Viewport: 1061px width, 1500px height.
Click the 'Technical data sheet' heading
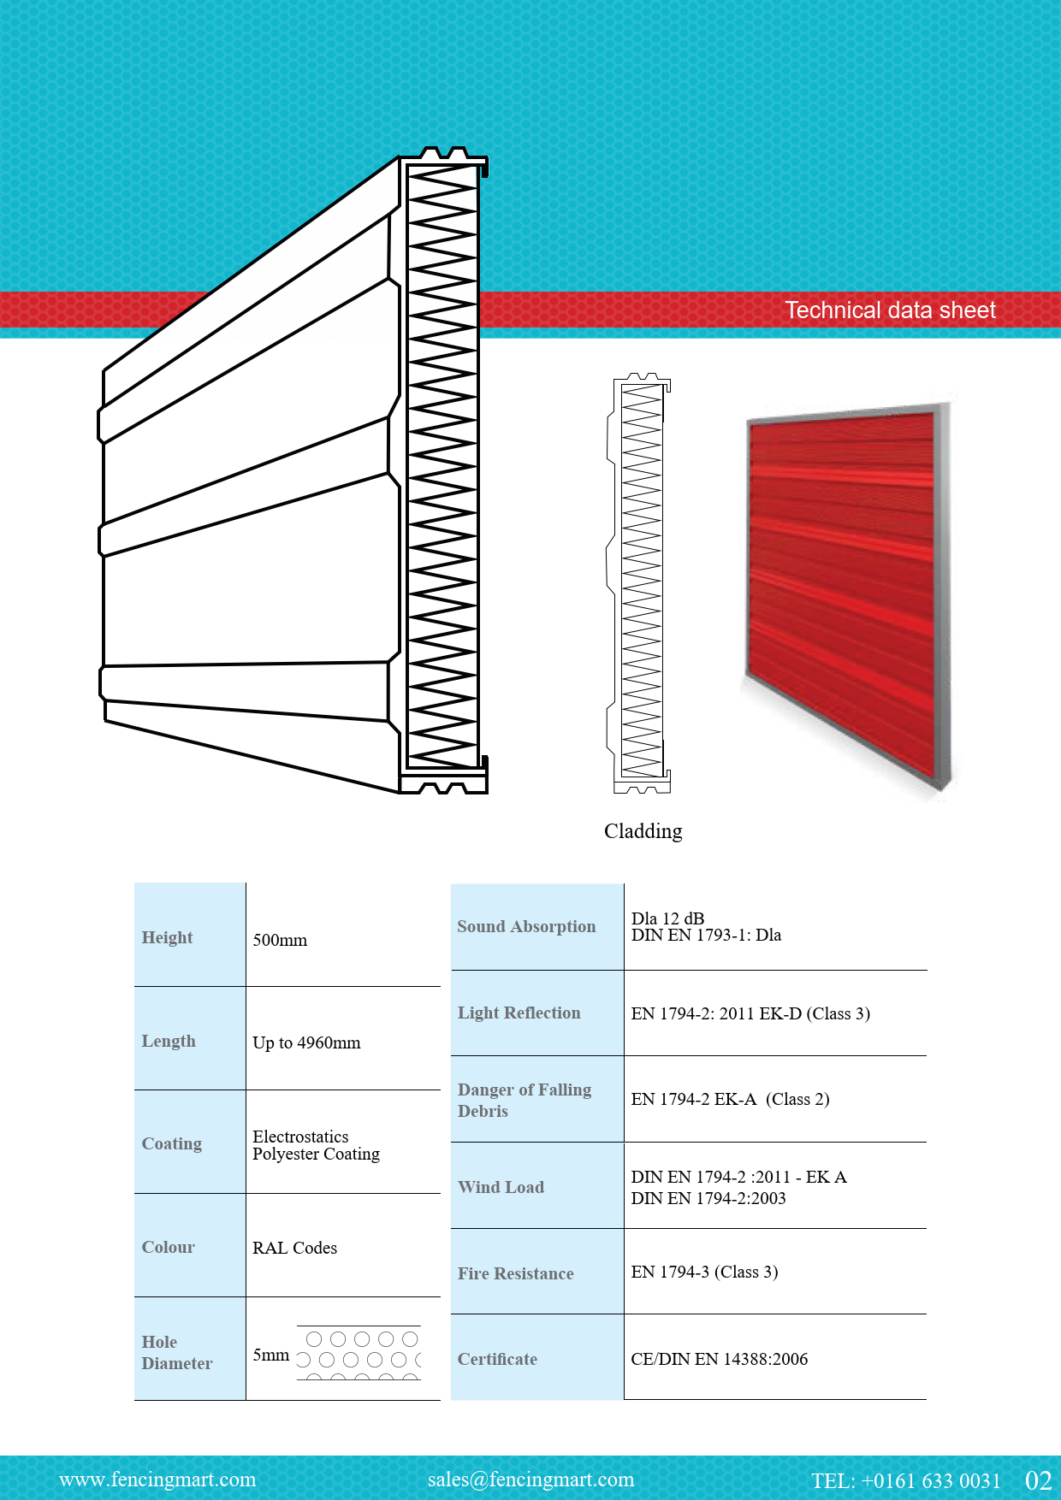pos(891,310)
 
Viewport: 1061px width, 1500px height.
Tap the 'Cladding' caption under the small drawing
pos(643,831)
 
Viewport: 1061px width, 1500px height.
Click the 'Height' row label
pos(167,937)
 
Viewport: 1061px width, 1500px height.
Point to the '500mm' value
pos(280,940)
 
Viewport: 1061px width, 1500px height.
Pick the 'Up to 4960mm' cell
pos(306,1042)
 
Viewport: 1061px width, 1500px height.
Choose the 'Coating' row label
pos(172,1143)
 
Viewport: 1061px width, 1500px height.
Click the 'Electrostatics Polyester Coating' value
pos(316,1145)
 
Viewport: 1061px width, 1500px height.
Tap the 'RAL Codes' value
pos(294,1248)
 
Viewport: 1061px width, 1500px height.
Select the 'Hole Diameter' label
pos(177,1352)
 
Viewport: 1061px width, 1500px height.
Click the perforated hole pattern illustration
pos(359,1353)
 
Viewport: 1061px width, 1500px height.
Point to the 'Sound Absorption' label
pos(526,926)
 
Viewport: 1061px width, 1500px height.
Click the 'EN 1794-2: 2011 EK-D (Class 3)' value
pos(750,1013)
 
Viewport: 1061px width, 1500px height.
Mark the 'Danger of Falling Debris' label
pos(525,1100)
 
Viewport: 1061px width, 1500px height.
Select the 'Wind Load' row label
pos(501,1187)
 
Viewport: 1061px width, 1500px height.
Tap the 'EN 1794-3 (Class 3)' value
pos(704,1272)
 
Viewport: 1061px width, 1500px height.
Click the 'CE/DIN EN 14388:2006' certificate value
pos(719,1359)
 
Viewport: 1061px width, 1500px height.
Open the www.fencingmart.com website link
pos(157,1479)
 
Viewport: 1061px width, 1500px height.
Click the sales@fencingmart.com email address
pos(530,1479)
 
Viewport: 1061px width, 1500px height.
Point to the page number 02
pos(1038,1480)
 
